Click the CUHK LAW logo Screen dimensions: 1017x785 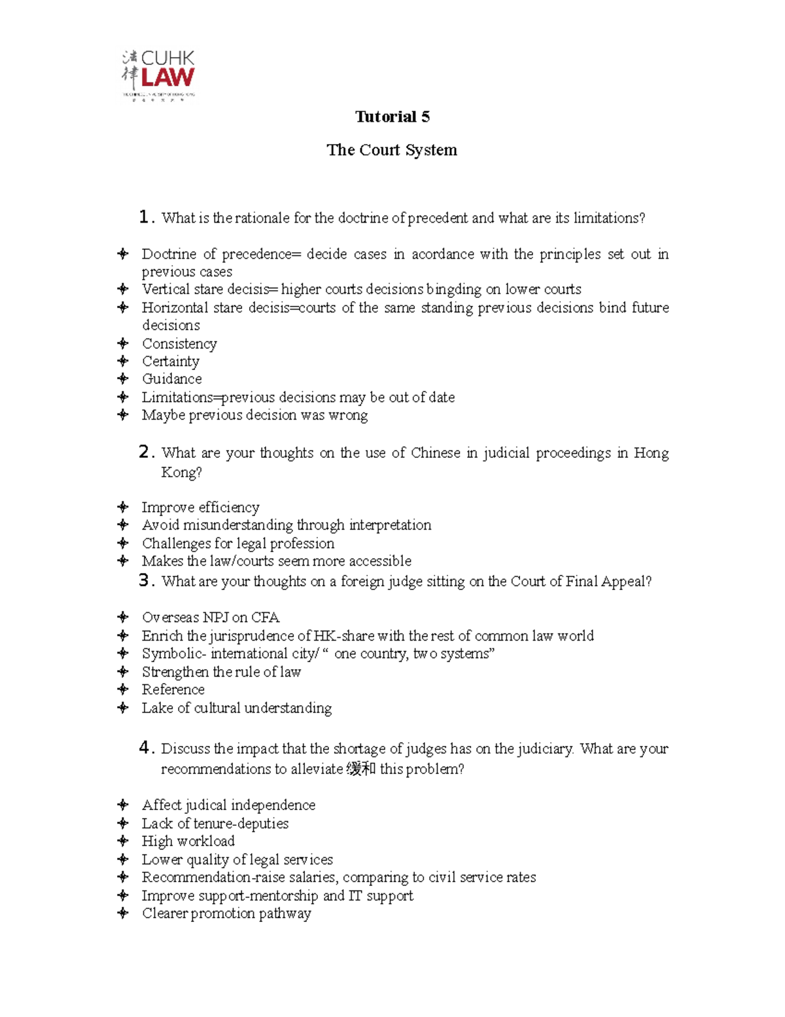point(158,75)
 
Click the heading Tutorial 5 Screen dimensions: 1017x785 point(392,117)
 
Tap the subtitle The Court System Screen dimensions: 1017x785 point(392,150)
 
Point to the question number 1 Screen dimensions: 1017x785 point(145,217)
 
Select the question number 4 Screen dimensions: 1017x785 point(145,748)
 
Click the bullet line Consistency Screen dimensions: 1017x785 point(179,344)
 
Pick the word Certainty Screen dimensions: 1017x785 point(171,361)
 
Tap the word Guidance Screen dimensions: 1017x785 point(172,379)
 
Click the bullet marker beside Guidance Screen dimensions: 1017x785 point(122,379)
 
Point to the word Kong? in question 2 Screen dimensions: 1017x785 point(181,472)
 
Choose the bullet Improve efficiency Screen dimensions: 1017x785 point(200,508)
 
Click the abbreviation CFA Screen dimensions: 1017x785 point(266,618)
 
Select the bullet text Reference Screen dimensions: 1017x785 point(173,690)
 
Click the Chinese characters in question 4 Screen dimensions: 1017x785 point(361,769)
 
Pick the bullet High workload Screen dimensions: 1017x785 point(188,841)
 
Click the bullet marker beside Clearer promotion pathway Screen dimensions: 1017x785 point(122,913)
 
